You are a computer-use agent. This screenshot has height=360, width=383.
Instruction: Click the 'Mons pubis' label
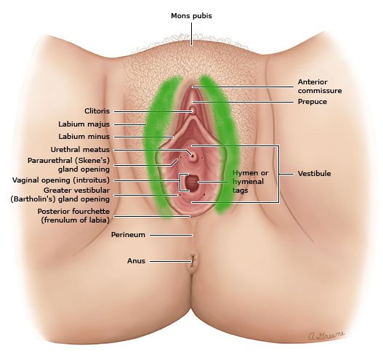(x=191, y=16)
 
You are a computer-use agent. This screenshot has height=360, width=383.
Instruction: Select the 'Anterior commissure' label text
(x=320, y=87)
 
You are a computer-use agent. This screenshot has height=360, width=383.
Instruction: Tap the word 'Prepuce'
(x=313, y=102)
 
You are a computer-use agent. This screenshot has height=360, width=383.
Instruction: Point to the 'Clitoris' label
(x=97, y=111)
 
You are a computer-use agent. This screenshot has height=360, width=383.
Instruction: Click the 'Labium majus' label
(x=84, y=124)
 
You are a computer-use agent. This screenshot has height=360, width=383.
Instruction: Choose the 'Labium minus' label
(x=84, y=137)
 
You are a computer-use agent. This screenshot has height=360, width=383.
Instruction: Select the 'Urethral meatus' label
(x=80, y=150)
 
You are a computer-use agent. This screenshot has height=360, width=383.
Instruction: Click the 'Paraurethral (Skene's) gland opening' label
(x=68, y=165)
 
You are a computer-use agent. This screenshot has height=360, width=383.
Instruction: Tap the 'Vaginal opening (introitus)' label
(x=61, y=180)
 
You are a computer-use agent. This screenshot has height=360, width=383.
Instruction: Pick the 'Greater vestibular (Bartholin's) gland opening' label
(x=60, y=194)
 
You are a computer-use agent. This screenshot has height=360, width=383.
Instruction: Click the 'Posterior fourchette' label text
(x=73, y=212)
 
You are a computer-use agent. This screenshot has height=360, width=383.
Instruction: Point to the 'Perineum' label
(x=128, y=235)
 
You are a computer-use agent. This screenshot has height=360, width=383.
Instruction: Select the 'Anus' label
(x=136, y=261)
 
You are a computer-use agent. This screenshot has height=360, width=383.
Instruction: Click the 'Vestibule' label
(x=315, y=174)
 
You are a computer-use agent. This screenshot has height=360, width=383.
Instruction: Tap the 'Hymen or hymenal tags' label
(x=250, y=182)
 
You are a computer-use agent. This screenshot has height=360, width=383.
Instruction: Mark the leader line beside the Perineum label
(x=171, y=236)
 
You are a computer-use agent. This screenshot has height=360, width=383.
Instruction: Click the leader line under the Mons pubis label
(x=192, y=34)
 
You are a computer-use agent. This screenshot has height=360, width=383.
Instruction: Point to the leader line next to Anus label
(x=171, y=261)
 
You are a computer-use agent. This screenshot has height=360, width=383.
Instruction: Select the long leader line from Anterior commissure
(x=243, y=87)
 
